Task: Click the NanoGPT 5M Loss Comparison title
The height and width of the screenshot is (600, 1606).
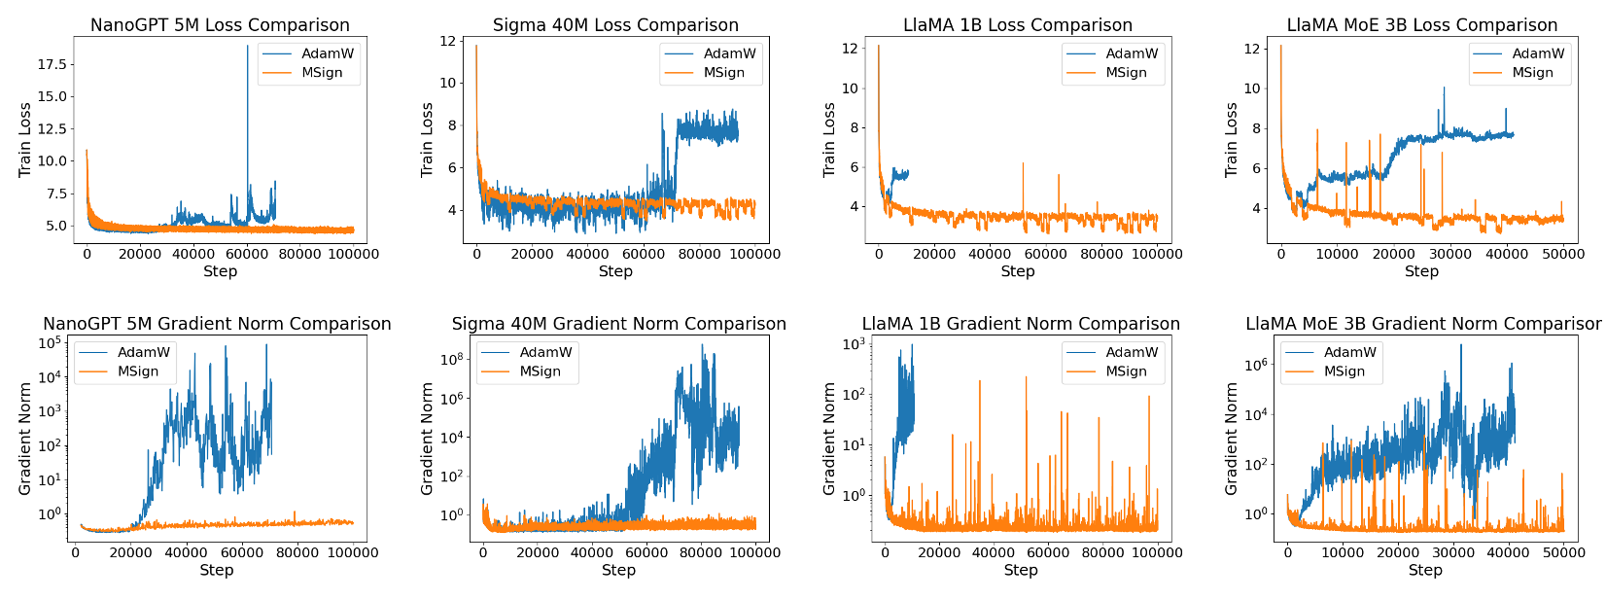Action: [x=220, y=25]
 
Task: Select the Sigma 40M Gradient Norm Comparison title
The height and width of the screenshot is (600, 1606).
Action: [x=618, y=324]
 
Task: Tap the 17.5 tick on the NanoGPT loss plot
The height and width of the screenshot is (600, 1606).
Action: [x=52, y=64]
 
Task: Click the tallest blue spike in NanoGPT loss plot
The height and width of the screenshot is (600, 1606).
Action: [x=247, y=47]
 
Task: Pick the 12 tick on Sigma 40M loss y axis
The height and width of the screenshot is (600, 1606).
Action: [x=448, y=41]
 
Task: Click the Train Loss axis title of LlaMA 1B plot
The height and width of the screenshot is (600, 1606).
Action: [x=829, y=139]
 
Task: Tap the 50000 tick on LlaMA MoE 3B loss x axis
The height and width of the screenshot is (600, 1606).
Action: [x=1563, y=254]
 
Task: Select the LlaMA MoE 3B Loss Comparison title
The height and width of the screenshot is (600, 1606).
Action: [x=1421, y=25]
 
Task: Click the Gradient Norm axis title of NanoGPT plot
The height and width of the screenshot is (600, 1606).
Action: [x=25, y=438]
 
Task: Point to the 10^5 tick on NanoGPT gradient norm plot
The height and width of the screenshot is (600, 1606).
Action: [x=51, y=343]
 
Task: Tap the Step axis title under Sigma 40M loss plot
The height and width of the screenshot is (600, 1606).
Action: [x=615, y=271]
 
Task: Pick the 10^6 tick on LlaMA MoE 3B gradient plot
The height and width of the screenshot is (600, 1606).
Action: [x=1257, y=365]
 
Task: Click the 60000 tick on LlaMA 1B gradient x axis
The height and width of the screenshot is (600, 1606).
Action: [x=1048, y=553]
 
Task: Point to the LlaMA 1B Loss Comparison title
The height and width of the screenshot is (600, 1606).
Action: [x=1018, y=25]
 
